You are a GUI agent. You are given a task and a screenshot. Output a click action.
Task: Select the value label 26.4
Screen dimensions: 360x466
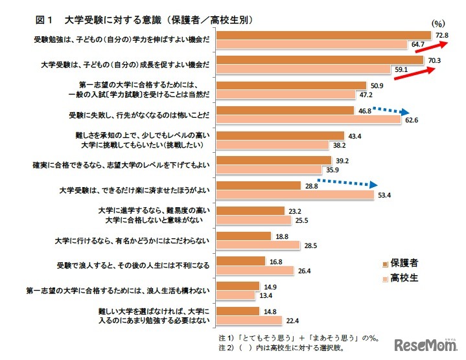pyautogui.click(x=305, y=270)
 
